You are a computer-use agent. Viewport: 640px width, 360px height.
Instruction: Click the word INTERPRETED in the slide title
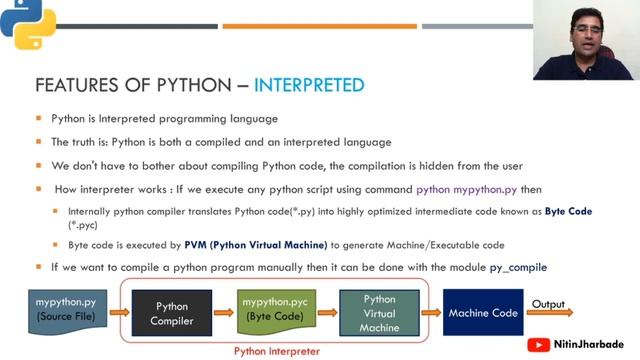[x=309, y=84]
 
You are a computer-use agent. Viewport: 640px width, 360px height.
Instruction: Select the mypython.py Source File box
[x=66, y=309]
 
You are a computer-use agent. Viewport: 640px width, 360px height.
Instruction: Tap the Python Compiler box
[x=171, y=313]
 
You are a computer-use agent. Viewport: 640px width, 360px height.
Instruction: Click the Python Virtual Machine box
[x=379, y=313]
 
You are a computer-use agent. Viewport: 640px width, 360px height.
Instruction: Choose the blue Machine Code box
[x=483, y=313]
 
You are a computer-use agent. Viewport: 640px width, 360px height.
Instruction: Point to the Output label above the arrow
[x=548, y=304]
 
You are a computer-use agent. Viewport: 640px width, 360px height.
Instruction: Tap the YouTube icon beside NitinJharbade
[x=540, y=345]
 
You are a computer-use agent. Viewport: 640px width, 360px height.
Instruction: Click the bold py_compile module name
[x=514, y=267]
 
